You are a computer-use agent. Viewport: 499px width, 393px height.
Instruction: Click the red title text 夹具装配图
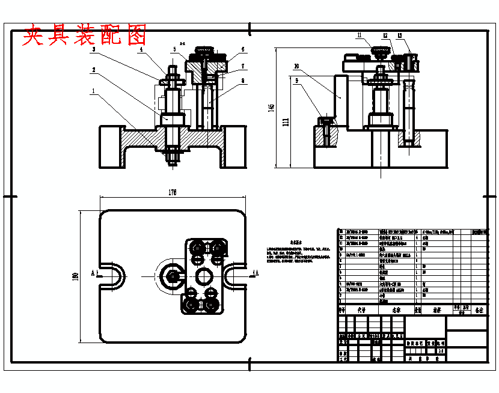[x=84, y=36]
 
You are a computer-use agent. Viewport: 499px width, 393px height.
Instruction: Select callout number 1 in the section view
[x=93, y=91]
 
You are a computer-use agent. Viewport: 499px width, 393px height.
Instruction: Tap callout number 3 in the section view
[x=94, y=50]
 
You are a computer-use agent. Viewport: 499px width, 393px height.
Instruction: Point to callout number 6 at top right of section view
[x=243, y=50]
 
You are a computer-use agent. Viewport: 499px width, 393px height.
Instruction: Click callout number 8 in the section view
[x=243, y=80]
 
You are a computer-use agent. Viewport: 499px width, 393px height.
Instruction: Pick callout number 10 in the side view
[x=296, y=66]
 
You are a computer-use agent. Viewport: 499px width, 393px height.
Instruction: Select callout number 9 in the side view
[x=296, y=79]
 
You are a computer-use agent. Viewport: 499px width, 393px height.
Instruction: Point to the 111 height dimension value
[x=286, y=122]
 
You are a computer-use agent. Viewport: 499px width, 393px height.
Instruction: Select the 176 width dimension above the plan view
[x=173, y=192]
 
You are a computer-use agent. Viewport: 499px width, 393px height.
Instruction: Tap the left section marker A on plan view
[x=93, y=273]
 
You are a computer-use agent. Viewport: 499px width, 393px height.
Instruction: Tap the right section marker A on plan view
[x=257, y=273]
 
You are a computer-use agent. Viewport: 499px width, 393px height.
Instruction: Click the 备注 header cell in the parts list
[x=479, y=311]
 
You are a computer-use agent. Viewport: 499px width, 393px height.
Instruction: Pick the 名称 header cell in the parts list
[x=396, y=311]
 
